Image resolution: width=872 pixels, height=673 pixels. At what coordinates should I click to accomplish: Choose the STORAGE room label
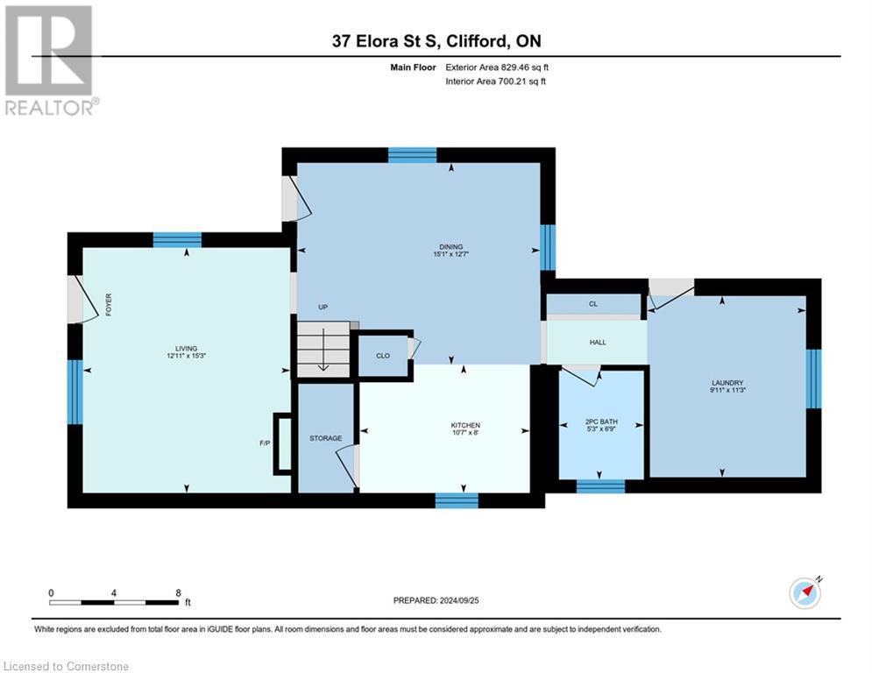[x=324, y=438]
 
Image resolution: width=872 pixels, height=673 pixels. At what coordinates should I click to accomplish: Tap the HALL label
[x=598, y=343]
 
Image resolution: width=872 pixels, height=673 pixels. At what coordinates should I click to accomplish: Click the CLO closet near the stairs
[x=383, y=356]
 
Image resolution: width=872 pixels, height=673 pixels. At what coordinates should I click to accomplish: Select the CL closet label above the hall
[x=593, y=304]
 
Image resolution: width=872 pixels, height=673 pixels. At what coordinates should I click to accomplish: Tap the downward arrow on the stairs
[x=323, y=355]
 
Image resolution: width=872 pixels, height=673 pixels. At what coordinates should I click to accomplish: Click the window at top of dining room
[x=412, y=155]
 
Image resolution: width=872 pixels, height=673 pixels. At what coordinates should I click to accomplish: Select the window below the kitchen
[x=457, y=500]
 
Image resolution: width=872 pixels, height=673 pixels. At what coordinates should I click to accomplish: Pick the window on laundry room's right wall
[x=813, y=379]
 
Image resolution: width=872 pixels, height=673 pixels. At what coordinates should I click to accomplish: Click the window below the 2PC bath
[x=600, y=486]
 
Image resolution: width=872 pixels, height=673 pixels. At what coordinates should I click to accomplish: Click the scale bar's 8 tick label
[x=179, y=593]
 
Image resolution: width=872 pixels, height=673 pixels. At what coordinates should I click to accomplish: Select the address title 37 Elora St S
[x=436, y=41]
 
